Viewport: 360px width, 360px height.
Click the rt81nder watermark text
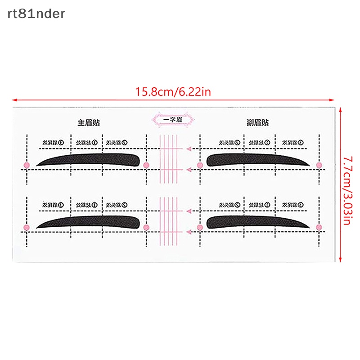click(36, 14)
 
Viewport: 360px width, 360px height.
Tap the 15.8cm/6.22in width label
click(173, 92)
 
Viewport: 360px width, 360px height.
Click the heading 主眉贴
click(88, 122)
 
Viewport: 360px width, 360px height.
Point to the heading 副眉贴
click(258, 122)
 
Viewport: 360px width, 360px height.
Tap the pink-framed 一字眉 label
click(172, 119)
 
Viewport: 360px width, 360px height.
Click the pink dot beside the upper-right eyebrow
click(319, 166)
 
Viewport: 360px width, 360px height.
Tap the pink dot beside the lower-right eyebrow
click(319, 228)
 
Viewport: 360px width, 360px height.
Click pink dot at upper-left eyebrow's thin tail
click(27, 166)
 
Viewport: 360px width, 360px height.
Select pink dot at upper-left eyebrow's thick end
click(146, 166)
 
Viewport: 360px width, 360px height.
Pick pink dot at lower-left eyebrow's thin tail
click(27, 228)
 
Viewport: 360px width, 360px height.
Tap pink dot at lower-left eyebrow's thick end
click(146, 228)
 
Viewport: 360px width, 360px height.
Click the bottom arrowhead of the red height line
click(341, 259)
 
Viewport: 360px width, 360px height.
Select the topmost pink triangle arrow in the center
click(190, 148)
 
